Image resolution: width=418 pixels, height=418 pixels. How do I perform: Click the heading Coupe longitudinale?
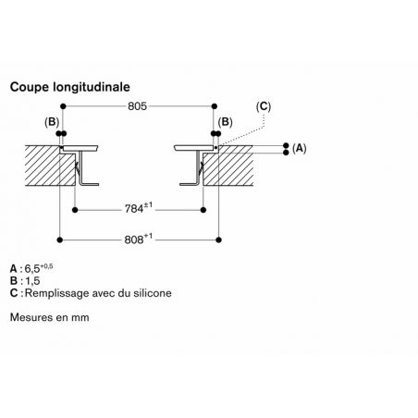(70, 87)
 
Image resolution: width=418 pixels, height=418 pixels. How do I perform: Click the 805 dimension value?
(138, 106)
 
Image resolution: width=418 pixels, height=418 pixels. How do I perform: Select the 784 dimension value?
(134, 209)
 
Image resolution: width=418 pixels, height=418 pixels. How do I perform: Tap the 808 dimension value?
(134, 240)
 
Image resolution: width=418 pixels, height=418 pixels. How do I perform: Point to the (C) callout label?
(264, 106)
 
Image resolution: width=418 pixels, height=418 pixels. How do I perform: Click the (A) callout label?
(300, 149)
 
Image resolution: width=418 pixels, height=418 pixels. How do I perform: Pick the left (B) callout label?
(52, 122)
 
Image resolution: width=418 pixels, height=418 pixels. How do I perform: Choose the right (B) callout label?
(226, 122)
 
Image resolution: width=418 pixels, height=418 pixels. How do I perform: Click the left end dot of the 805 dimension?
(63, 106)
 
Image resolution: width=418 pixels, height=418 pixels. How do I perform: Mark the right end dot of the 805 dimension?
(215, 106)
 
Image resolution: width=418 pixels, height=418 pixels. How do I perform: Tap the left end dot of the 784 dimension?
(75, 210)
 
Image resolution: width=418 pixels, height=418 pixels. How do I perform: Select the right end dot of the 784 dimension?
(203, 210)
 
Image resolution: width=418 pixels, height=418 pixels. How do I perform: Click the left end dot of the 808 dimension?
(60, 240)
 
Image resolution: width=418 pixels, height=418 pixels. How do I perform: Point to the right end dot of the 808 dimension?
(219, 240)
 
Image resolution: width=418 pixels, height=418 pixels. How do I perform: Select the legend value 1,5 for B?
(32, 281)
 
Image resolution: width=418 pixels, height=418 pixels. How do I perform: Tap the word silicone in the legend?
(153, 293)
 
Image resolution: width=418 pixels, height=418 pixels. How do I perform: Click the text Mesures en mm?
(50, 317)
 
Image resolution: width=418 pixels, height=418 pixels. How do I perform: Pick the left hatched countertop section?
(50, 166)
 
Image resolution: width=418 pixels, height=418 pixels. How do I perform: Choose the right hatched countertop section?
(228, 166)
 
